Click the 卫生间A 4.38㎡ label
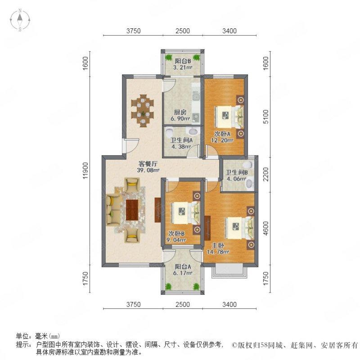point(181,143)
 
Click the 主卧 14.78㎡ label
point(218,249)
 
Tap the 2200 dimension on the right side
point(266,174)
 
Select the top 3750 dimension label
point(133,31)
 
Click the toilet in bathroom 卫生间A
point(169,132)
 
